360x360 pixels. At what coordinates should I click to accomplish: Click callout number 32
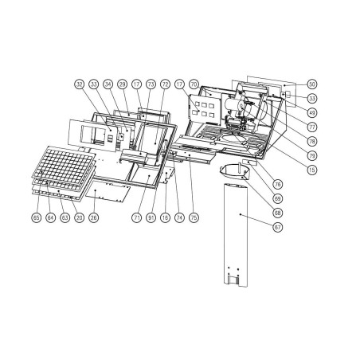(x=79, y=84)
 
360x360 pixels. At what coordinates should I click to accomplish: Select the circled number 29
(x=123, y=84)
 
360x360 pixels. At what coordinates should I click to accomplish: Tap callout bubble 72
(x=165, y=84)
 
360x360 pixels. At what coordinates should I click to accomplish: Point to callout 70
(x=194, y=84)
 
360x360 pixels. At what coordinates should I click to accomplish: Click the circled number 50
(x=311, y=84)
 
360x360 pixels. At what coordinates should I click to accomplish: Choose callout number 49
(x=311, y=112)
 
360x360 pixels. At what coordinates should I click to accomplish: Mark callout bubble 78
(x=311, y=142)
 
